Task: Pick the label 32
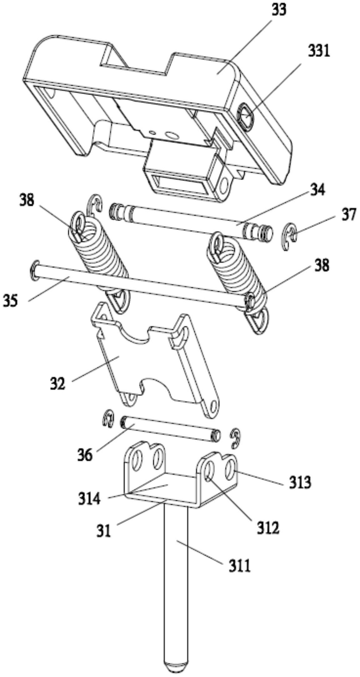click(58, 383)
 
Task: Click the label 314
click(89, 499)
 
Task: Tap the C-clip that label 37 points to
click(290, 236)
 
